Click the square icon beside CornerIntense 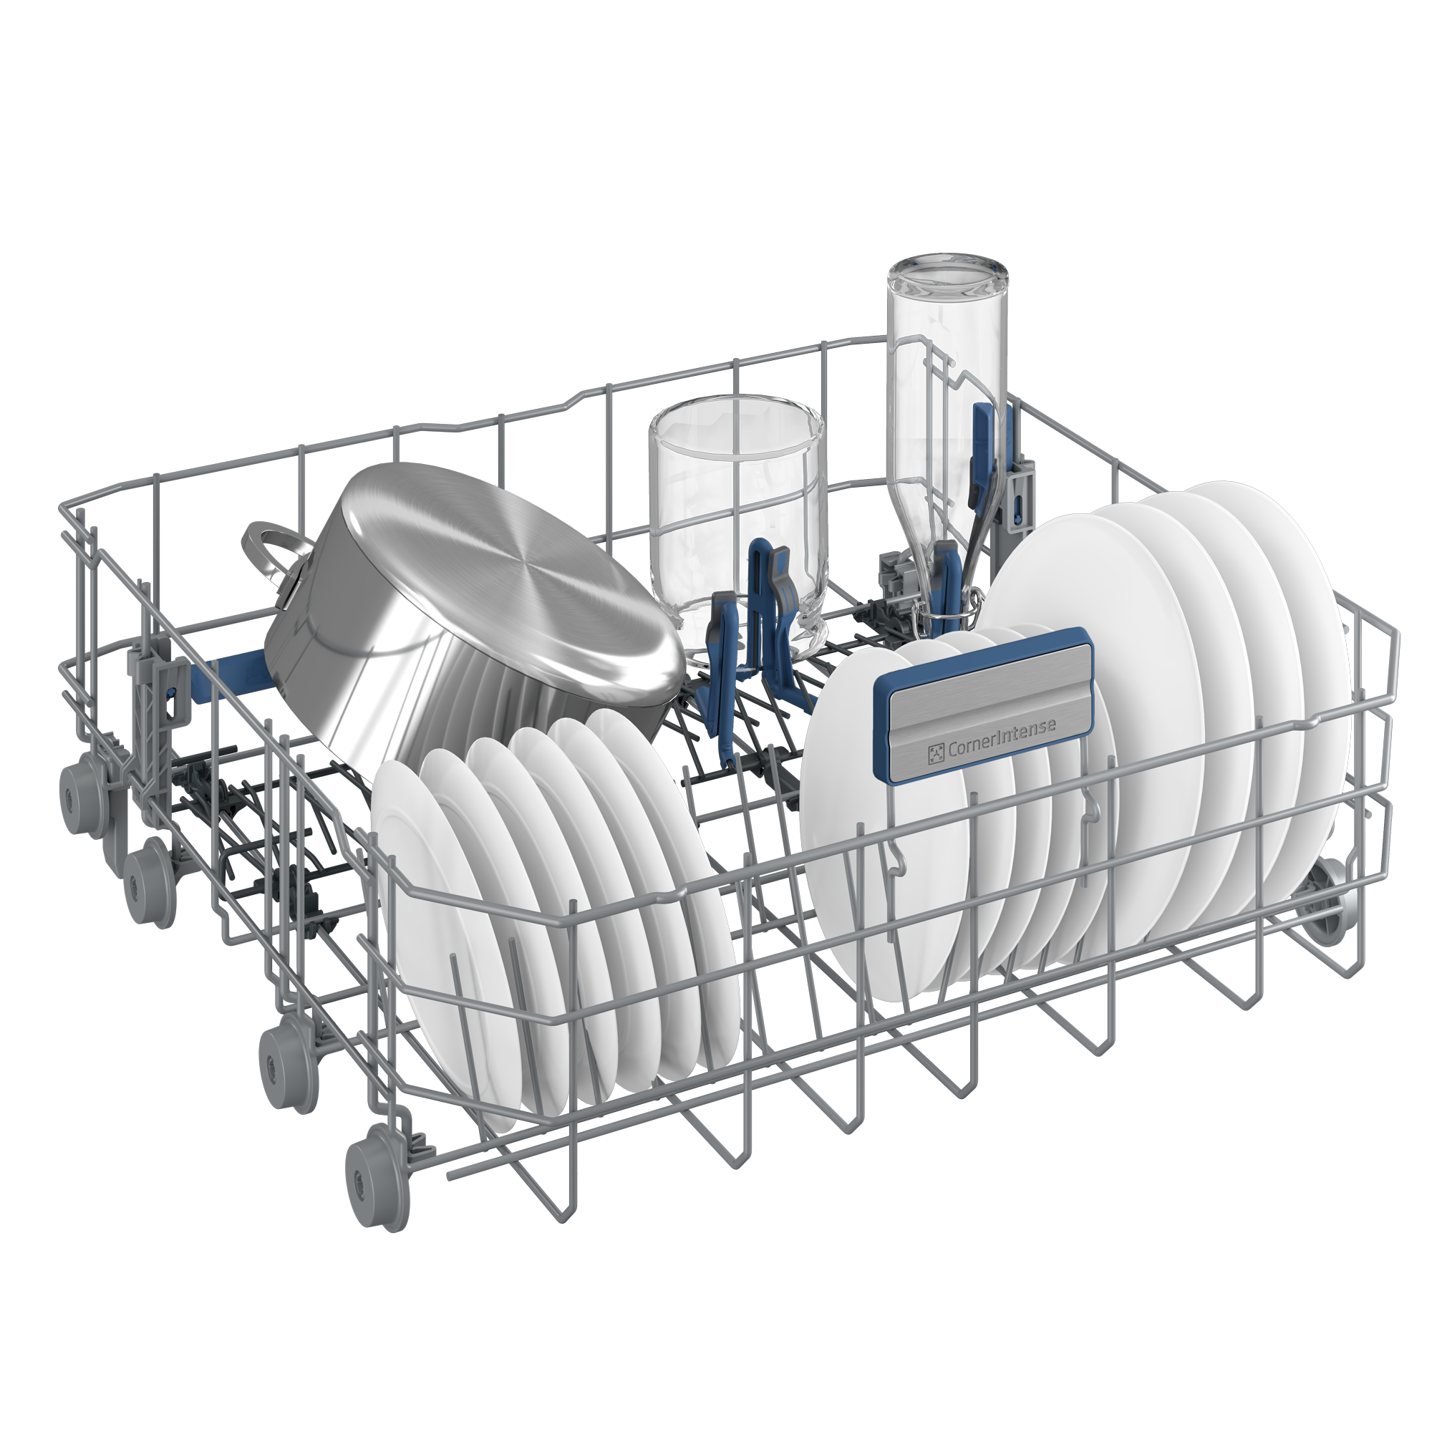coord(935,755)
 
